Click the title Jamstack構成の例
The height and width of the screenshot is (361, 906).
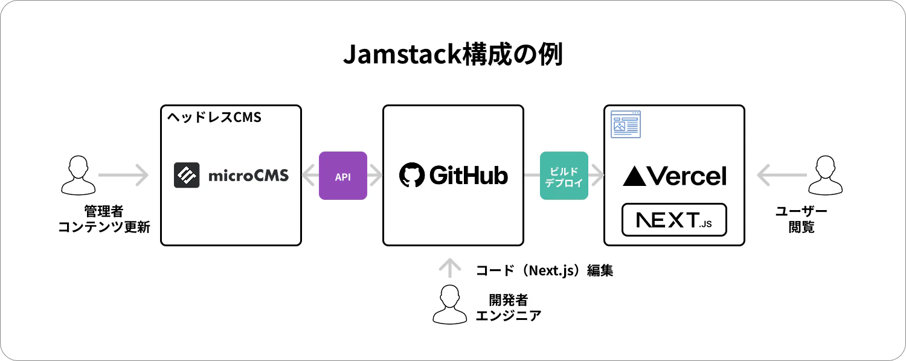pyautogui.click(x=452, y=55)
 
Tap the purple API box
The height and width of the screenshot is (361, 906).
pyautogui.click(x=342, y=176)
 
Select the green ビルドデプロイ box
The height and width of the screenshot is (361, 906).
pyautogui.click(x=564, y=176)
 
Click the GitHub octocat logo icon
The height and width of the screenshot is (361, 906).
pyautogui.click(x=412, y=175)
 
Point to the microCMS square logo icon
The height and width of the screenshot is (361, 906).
pyautogui.click(x=187, y=176)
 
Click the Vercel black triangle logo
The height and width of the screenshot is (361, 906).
pyautogui.click(x=634, y=176)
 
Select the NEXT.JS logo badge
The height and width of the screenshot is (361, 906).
pyautogui.click(x=674, y=220)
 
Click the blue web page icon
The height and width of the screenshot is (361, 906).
pyautogui.click(x=625, y=124)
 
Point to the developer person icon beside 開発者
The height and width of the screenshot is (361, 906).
pyautogui.click(x=450, y=304)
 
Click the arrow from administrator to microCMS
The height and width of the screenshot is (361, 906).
pyautogui.click(x=123, y=176)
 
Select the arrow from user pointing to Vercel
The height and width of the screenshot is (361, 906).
pyautogui.click(x=782, y=176)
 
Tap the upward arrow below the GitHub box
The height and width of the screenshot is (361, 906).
pyautogui.click(x=448, y=266)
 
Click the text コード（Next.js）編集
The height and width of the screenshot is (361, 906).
pyautogui.click(x=544, y=270)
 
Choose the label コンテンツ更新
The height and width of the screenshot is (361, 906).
pyautogui.click(x=104, y=228)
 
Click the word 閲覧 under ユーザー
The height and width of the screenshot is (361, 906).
pyautogui.click(x=801, y=228)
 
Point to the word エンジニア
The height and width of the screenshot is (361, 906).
pyautogui.click(x=508, y=315)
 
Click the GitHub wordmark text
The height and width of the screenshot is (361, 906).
pyautogui.click(x=469, y=175)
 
